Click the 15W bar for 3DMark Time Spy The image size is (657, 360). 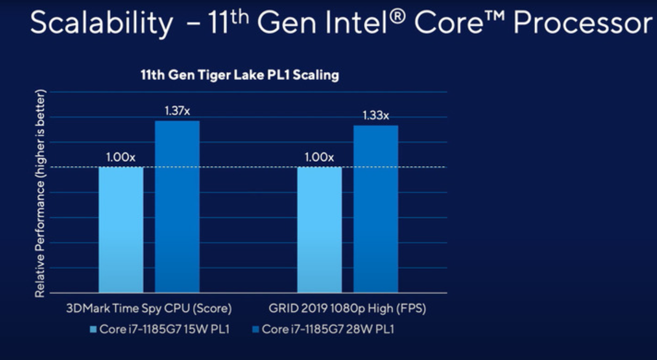pos(121,229)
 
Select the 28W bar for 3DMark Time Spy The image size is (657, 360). pos(177,206)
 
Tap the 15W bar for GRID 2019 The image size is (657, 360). pos(319,229)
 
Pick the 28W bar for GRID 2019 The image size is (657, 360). pos(376,209)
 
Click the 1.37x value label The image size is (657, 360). pos(177,111)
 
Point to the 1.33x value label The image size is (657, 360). pos(376,115)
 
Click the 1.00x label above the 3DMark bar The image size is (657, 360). pos(121,157)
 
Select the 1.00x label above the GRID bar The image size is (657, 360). pos(319,157)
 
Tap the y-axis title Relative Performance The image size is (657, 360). pos(40,194)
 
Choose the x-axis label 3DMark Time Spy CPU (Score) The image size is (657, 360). pos(148,308)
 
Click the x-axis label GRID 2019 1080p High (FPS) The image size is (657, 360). pos(347,308)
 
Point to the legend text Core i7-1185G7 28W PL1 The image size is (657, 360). pos(327,329)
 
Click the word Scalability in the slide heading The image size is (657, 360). pos(102,23)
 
